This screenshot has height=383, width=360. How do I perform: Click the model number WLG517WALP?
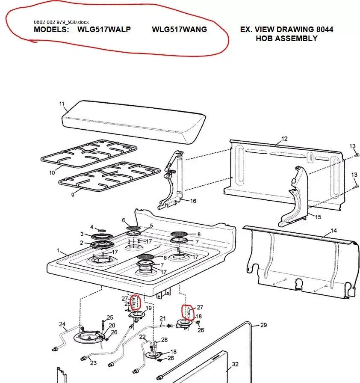pos(104,30)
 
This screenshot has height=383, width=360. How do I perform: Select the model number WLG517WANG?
pos(179,30)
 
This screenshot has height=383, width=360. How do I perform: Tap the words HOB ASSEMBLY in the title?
pos(286,39)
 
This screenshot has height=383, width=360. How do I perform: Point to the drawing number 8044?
pos(324,30)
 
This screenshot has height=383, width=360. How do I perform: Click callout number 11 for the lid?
pos(62,104)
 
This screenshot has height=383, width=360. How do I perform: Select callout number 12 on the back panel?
pos(284,139)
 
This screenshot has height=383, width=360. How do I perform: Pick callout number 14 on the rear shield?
pos(333,231)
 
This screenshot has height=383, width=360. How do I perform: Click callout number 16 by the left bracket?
pos(193,201)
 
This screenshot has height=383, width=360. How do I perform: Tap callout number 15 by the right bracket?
pos(318,217)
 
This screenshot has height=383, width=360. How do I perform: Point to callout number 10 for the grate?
pos(52,173)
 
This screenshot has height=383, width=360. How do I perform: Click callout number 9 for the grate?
pos(73,194)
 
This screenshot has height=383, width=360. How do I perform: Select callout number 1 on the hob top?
pos(59,250)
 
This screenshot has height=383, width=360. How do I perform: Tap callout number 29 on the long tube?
pos(263,325)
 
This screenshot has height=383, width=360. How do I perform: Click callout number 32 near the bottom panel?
pos(235,365)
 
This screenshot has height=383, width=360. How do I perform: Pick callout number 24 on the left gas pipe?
pos(62,324)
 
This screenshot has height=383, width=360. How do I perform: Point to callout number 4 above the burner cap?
pos(91,226)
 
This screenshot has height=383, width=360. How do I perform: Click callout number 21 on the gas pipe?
pos(162,318)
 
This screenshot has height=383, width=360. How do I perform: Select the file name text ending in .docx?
pos(62,21)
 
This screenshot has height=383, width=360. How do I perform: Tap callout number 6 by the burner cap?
pos(124,220)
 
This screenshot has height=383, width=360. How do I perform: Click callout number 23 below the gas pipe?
pos(93,363)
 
